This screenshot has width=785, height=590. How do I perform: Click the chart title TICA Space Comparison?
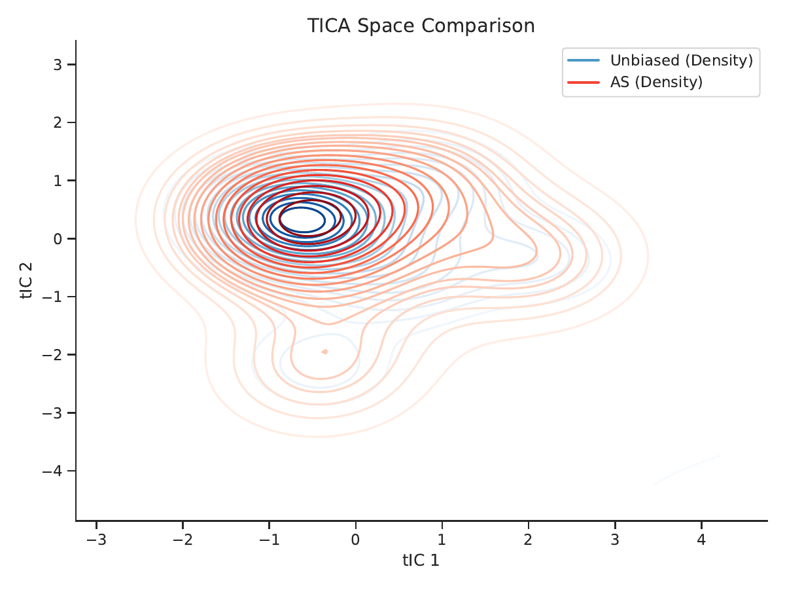pyautogui.click(x=421, y=26)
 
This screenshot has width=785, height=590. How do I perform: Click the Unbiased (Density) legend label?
pyautogui.click(x=681, y=60)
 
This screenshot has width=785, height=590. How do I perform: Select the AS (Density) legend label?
pyautogui.click(x=656, y=82)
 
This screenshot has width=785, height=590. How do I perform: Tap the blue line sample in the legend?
pyautogui.click(x=584, y=60)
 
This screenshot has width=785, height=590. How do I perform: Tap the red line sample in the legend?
pyautogui.click(x=584, y=83)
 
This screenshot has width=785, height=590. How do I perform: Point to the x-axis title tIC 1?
pyautogui.click(x=421, y=561)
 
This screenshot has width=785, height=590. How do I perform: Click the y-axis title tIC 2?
pyautogui.click(x=26, y=280)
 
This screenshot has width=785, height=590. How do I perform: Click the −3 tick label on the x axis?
pyautogui.click(x=96, y=540)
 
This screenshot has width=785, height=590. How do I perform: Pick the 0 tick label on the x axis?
pyautogui.click(x=355, y=540)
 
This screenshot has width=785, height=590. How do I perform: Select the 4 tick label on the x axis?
pyautogui.click(x=701, y=540)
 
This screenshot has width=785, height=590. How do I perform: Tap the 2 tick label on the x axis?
pyautogui.click(x=528, y=540)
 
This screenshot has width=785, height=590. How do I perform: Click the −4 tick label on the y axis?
pyautogui.click(x=52, y=471)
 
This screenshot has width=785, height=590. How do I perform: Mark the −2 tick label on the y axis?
pyautogui.click(x=52, y=355)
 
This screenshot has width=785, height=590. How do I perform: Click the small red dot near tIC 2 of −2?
pyautogui.click(x=324, y=352)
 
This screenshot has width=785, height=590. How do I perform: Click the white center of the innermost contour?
pyautogui.click(x=302, y=219)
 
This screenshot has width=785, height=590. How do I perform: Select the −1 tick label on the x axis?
pyautogui.click(x=270, y=540)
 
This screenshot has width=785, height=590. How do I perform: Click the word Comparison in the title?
pyautogui.click(x=478, y=26)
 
